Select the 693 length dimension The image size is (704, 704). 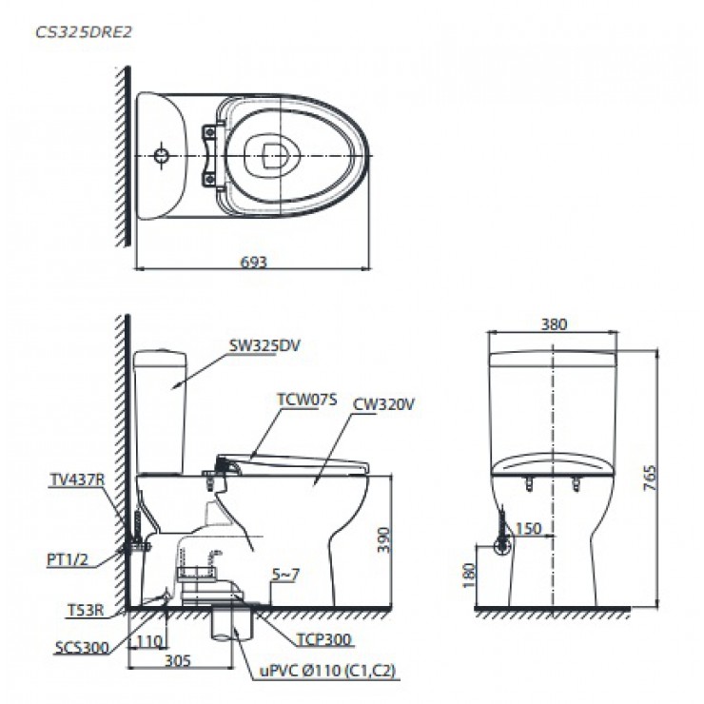pos(251,260)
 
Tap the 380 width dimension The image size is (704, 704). pos(553,324)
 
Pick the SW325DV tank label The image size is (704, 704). pos(264,346)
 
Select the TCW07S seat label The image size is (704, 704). pos(308,401)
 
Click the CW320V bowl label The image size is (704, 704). pos(383,404)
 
